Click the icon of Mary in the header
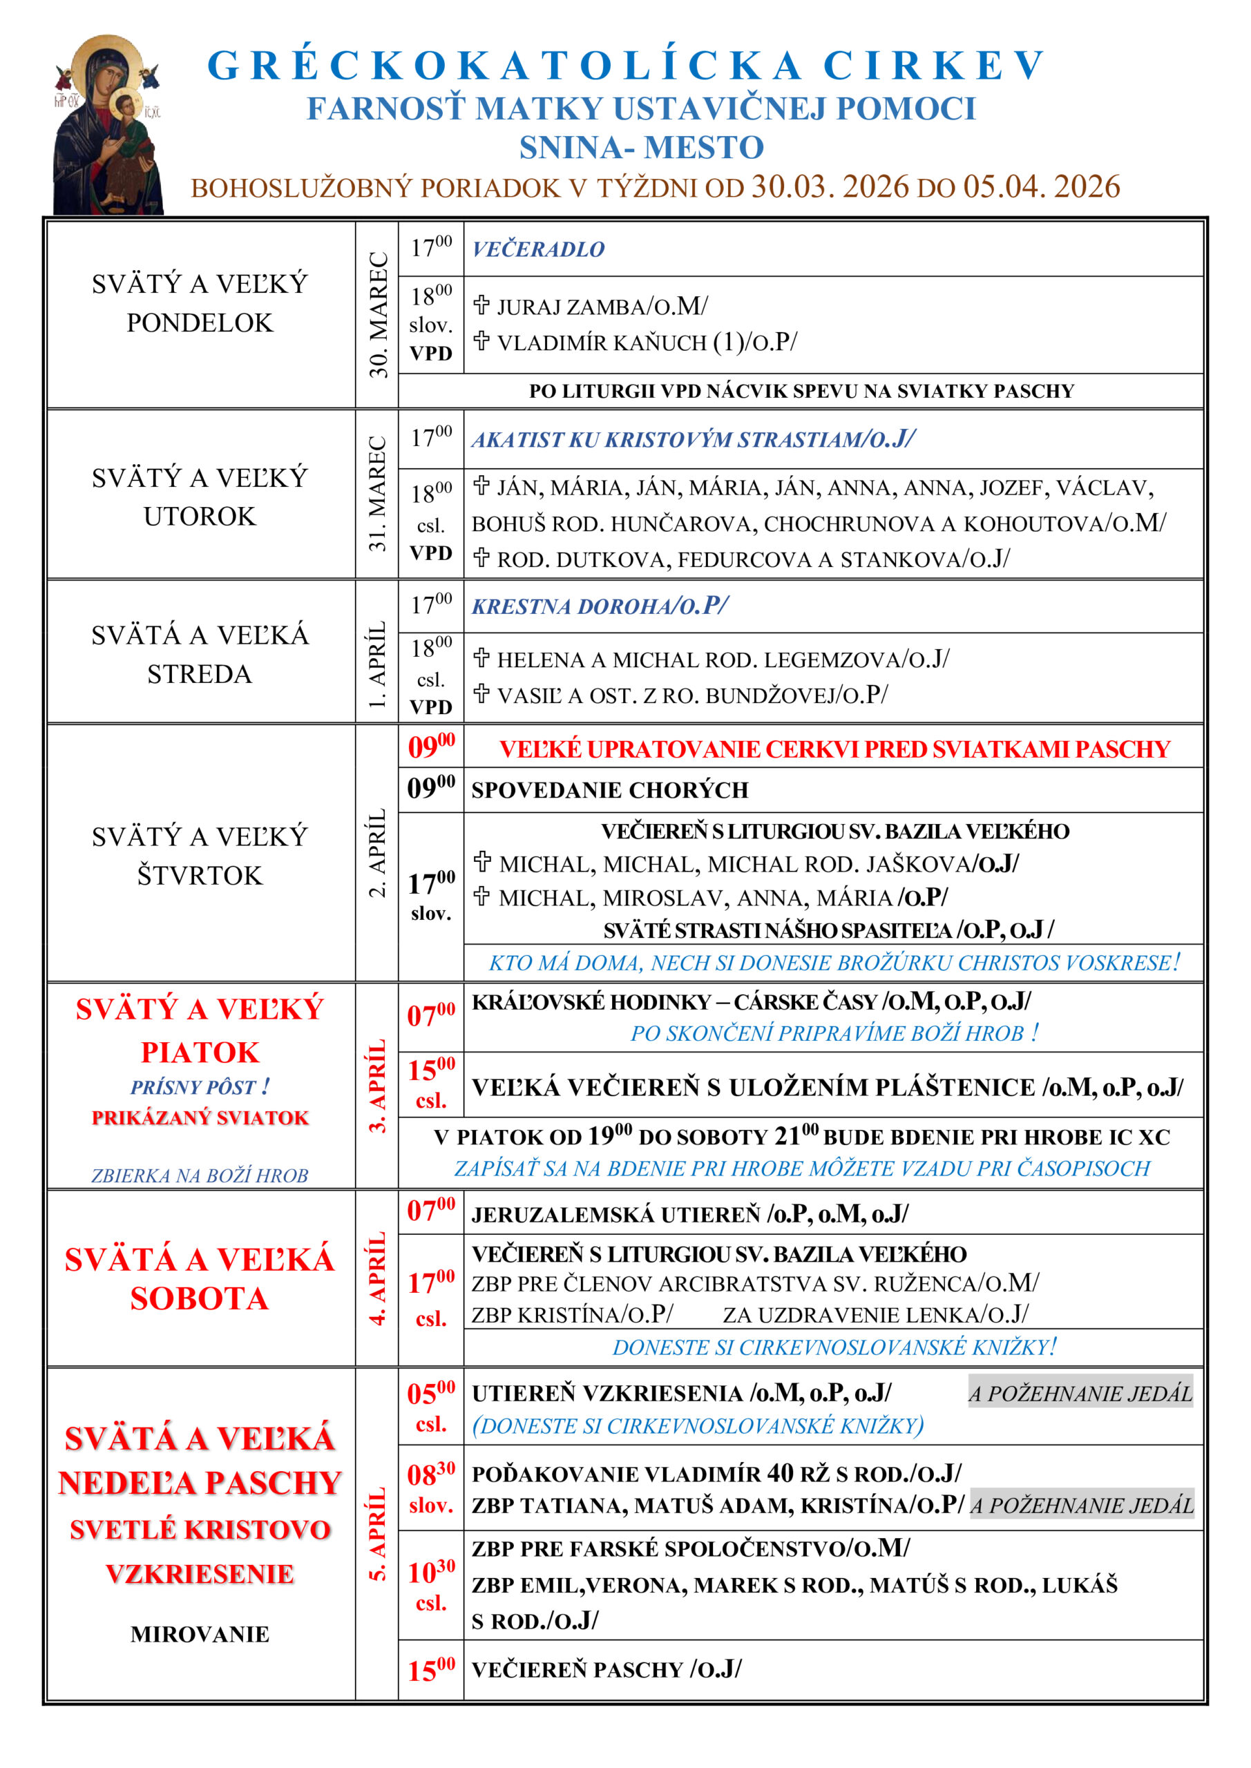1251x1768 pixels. click(108, 126)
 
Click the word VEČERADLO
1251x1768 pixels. click(537, 249)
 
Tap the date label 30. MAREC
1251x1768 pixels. click(377, 314)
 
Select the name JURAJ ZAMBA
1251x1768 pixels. click(571, 307)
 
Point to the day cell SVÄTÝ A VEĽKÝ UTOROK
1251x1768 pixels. click(200, 497)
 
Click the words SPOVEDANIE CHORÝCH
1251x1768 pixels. click(609, 790)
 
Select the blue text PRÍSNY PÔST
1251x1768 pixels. click(200, 1087)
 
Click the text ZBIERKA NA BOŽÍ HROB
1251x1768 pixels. click(200, 1176)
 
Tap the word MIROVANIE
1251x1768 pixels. click(200, 1634)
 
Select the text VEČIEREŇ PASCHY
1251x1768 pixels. click(577, 1669)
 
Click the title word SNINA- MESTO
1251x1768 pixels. click(641, 147)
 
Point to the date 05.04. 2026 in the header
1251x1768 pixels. click(1042, 187)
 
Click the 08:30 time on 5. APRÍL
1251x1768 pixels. click(430, 1476)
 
